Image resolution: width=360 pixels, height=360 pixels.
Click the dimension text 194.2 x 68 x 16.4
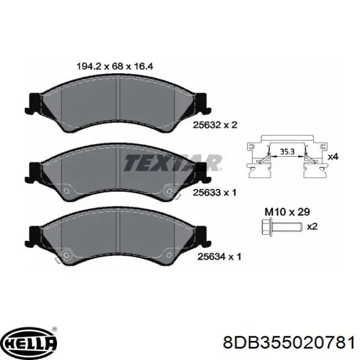pyautogui.click(x=115, y=66)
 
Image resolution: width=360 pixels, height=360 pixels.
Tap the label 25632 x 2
pyautogui.click(x=215, y=125)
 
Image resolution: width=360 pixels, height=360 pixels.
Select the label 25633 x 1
pyautogui.click(x=214, y=193)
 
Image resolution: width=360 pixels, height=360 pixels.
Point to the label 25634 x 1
pyautogui.click(x=220, y=257)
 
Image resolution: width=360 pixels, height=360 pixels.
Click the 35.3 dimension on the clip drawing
pyautogui.click(x=287, y=152)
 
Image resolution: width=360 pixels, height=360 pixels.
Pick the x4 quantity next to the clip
pyautogui.click(x=333, y=157)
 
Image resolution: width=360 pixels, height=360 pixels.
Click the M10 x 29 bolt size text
pyautogui.click(x=287, y=212)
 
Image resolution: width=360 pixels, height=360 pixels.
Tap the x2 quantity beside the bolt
pyautogui.click(x=312, y=227)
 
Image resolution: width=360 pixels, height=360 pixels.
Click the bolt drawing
pyautogui.click(x=281, y=227)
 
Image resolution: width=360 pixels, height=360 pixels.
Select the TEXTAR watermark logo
pyautogui.click(x=173, y=163)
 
